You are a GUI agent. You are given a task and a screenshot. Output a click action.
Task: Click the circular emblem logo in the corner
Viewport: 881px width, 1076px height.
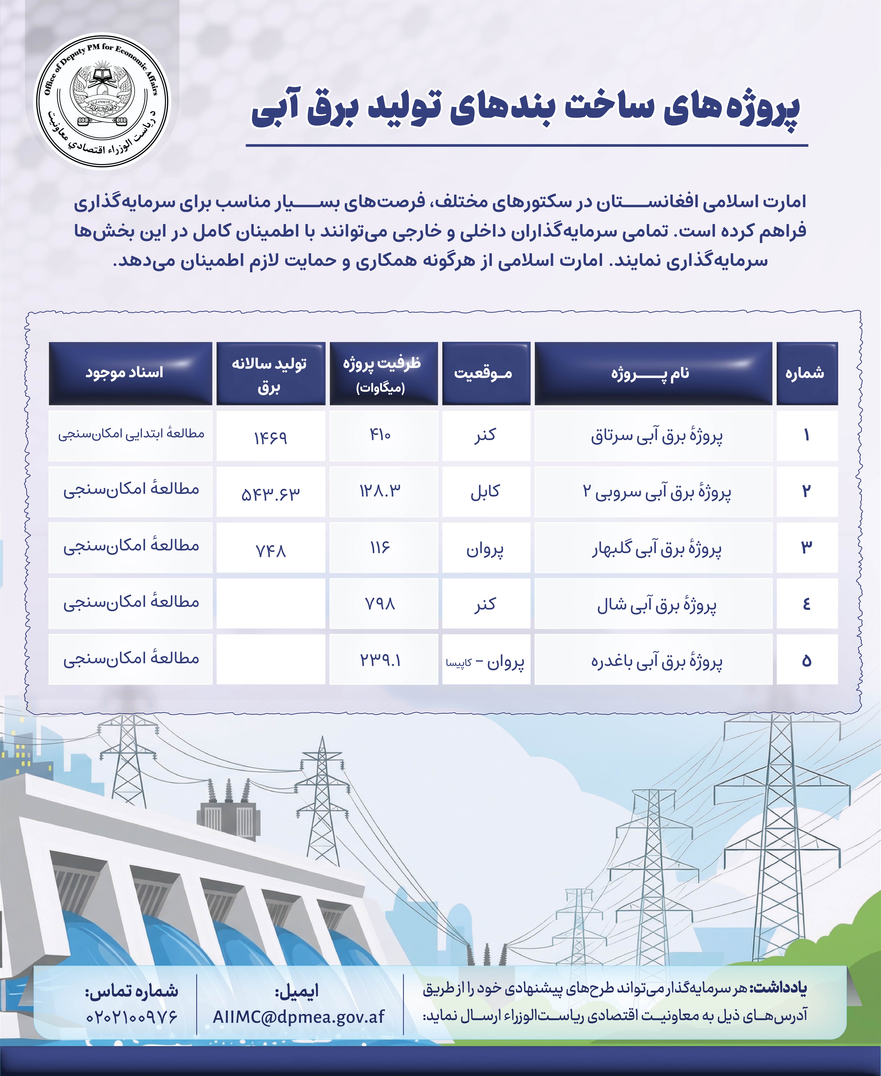tap(102, 100)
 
